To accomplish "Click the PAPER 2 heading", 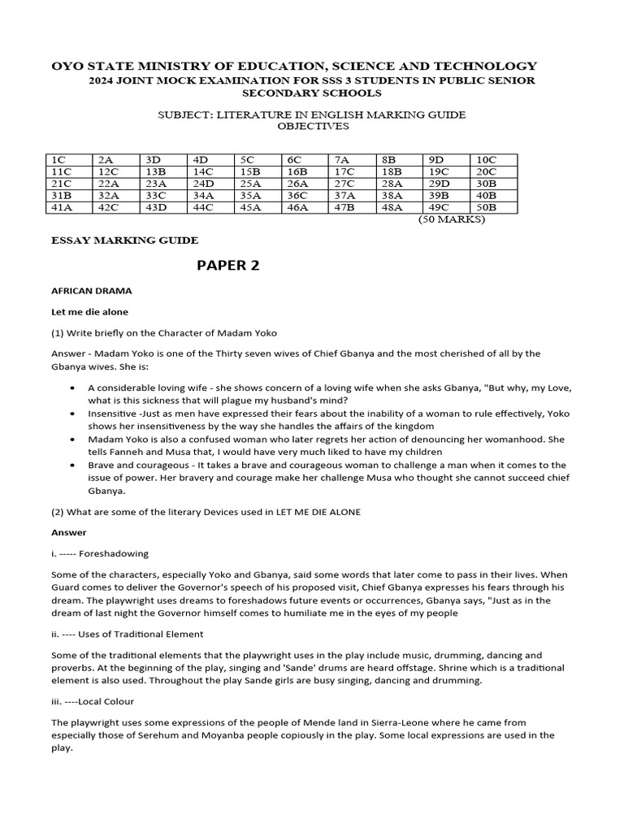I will (x=228, y=266).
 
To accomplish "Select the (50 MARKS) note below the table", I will (x=451, y=219).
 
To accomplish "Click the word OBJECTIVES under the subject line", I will (x=313, y=126).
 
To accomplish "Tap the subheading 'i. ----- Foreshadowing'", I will (x=100, y=553).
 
